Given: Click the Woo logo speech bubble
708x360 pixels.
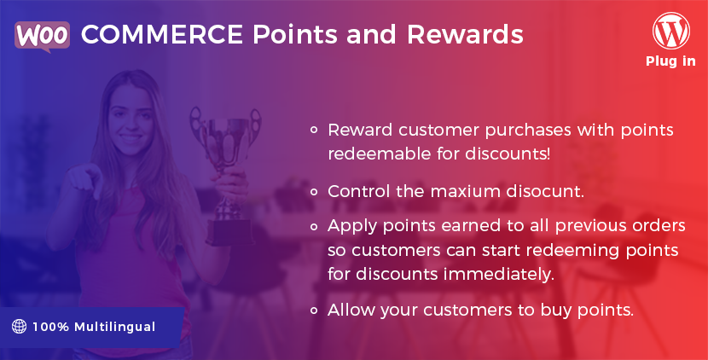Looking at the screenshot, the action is (x=42, y=36).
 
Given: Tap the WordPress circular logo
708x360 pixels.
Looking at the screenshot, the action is (x=671, y=31).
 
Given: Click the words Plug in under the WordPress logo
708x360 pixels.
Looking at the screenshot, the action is (x=670, y=61).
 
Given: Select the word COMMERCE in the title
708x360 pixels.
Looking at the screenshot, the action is (x=162, y=34).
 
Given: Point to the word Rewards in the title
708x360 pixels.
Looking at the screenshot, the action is (x=465, y=34).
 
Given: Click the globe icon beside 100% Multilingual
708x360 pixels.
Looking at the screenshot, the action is (x=19, y=326).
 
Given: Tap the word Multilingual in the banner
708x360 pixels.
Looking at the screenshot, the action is (x=114, y=327).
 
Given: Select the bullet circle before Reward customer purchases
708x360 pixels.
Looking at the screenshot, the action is (x=314, y=130).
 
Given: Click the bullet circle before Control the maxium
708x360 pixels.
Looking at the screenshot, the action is (x=314, y=192).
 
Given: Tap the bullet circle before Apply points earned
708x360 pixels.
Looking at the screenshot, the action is (x=314, y=226).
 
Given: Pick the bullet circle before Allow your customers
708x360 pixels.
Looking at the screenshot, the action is (x=314, y=311).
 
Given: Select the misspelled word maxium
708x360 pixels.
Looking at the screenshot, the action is (x=465, y=192).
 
